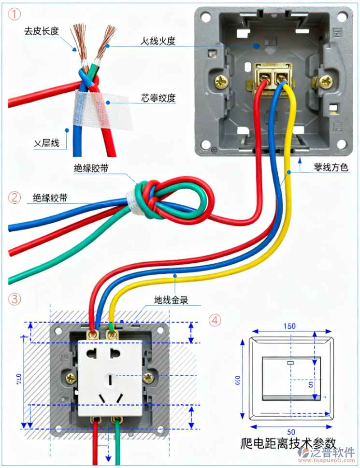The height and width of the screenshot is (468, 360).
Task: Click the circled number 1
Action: pos(15,14)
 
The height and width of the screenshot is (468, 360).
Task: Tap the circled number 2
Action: pos(15,197)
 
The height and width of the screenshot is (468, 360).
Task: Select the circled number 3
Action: pos(15,299)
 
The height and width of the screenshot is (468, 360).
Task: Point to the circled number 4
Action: pos(216,320)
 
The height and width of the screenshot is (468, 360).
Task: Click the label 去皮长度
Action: pos(42,31)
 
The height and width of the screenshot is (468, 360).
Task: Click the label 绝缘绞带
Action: pos(50,198)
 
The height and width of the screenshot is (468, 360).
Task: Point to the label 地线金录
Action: pos(171,300)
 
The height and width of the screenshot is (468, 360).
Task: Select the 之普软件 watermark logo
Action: pos(327,454)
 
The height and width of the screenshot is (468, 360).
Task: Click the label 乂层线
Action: pos(46,142)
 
